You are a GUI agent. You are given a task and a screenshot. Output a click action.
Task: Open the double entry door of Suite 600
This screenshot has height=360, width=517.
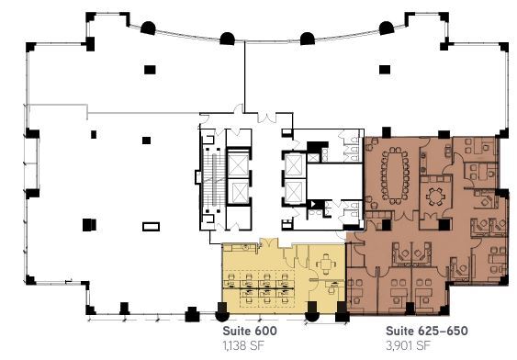[x=272, y=241]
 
